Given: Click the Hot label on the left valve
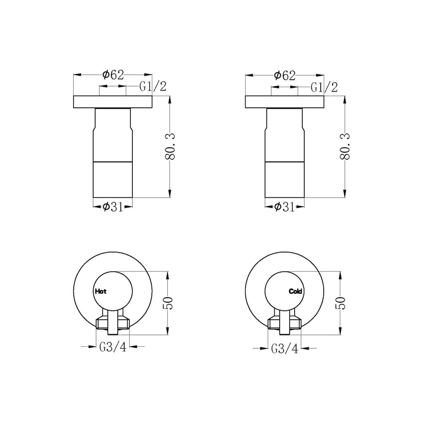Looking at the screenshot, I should tap(100, 291).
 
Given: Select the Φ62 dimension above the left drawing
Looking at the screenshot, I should tap(113, 75).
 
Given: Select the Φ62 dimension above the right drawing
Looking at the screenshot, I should tap(284, 75).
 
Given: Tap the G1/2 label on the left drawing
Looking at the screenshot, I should tap(153, 87).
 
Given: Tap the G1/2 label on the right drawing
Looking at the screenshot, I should tap(324, 87).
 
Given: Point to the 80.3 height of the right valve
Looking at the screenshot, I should tap(345, 147).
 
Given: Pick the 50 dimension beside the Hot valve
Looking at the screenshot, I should tap(169, 303).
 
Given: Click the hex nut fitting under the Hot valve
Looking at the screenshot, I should tap(113, 322).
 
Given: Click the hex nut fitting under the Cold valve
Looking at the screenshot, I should tap(284, 322).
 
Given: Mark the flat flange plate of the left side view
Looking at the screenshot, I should tap(113, 102).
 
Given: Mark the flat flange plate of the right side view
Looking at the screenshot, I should tap(284, 102).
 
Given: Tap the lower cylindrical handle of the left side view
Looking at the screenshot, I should tap(113, 180).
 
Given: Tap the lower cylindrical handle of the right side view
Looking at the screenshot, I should tap(284, 180).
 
